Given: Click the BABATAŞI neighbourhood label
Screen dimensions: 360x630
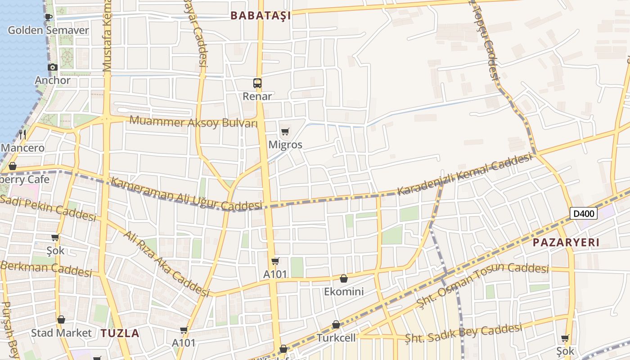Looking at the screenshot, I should click(x=261, y=16).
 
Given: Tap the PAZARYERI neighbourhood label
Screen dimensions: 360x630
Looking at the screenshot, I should click(x=566, y=243).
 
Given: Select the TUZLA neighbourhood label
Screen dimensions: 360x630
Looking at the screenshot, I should click(x=120, y=333).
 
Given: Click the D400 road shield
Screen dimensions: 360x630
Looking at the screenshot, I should click(x=584, y=213).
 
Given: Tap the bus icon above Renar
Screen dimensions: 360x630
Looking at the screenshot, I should click(x=257, y=83).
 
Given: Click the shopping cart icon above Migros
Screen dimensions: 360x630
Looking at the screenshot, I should click(x=285, y=132).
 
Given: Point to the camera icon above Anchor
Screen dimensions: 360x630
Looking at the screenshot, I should click(x=53, y=67).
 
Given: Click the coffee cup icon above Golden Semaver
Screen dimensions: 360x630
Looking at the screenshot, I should click(x=49, y=18).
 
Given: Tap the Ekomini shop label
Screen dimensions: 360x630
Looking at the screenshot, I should click(x=344, y=292).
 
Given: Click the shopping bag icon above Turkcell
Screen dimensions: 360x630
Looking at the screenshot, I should click(x=336, y=324).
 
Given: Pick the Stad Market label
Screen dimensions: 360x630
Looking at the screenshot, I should click(x=61, y=333).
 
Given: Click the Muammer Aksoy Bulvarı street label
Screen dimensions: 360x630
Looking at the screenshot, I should click(x=193, y=122).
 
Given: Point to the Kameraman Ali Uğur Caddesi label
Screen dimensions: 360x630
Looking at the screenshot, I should click(x=186, y=194).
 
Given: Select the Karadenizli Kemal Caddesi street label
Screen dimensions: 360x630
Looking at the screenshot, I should click(x=465, y=175).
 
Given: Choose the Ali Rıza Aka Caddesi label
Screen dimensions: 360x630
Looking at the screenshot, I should click(x=167, y=264).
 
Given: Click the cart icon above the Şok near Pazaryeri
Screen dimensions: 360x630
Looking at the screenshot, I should click(x=565, y=338).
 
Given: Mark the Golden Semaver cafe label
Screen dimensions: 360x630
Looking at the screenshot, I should click(x=49, y=31).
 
